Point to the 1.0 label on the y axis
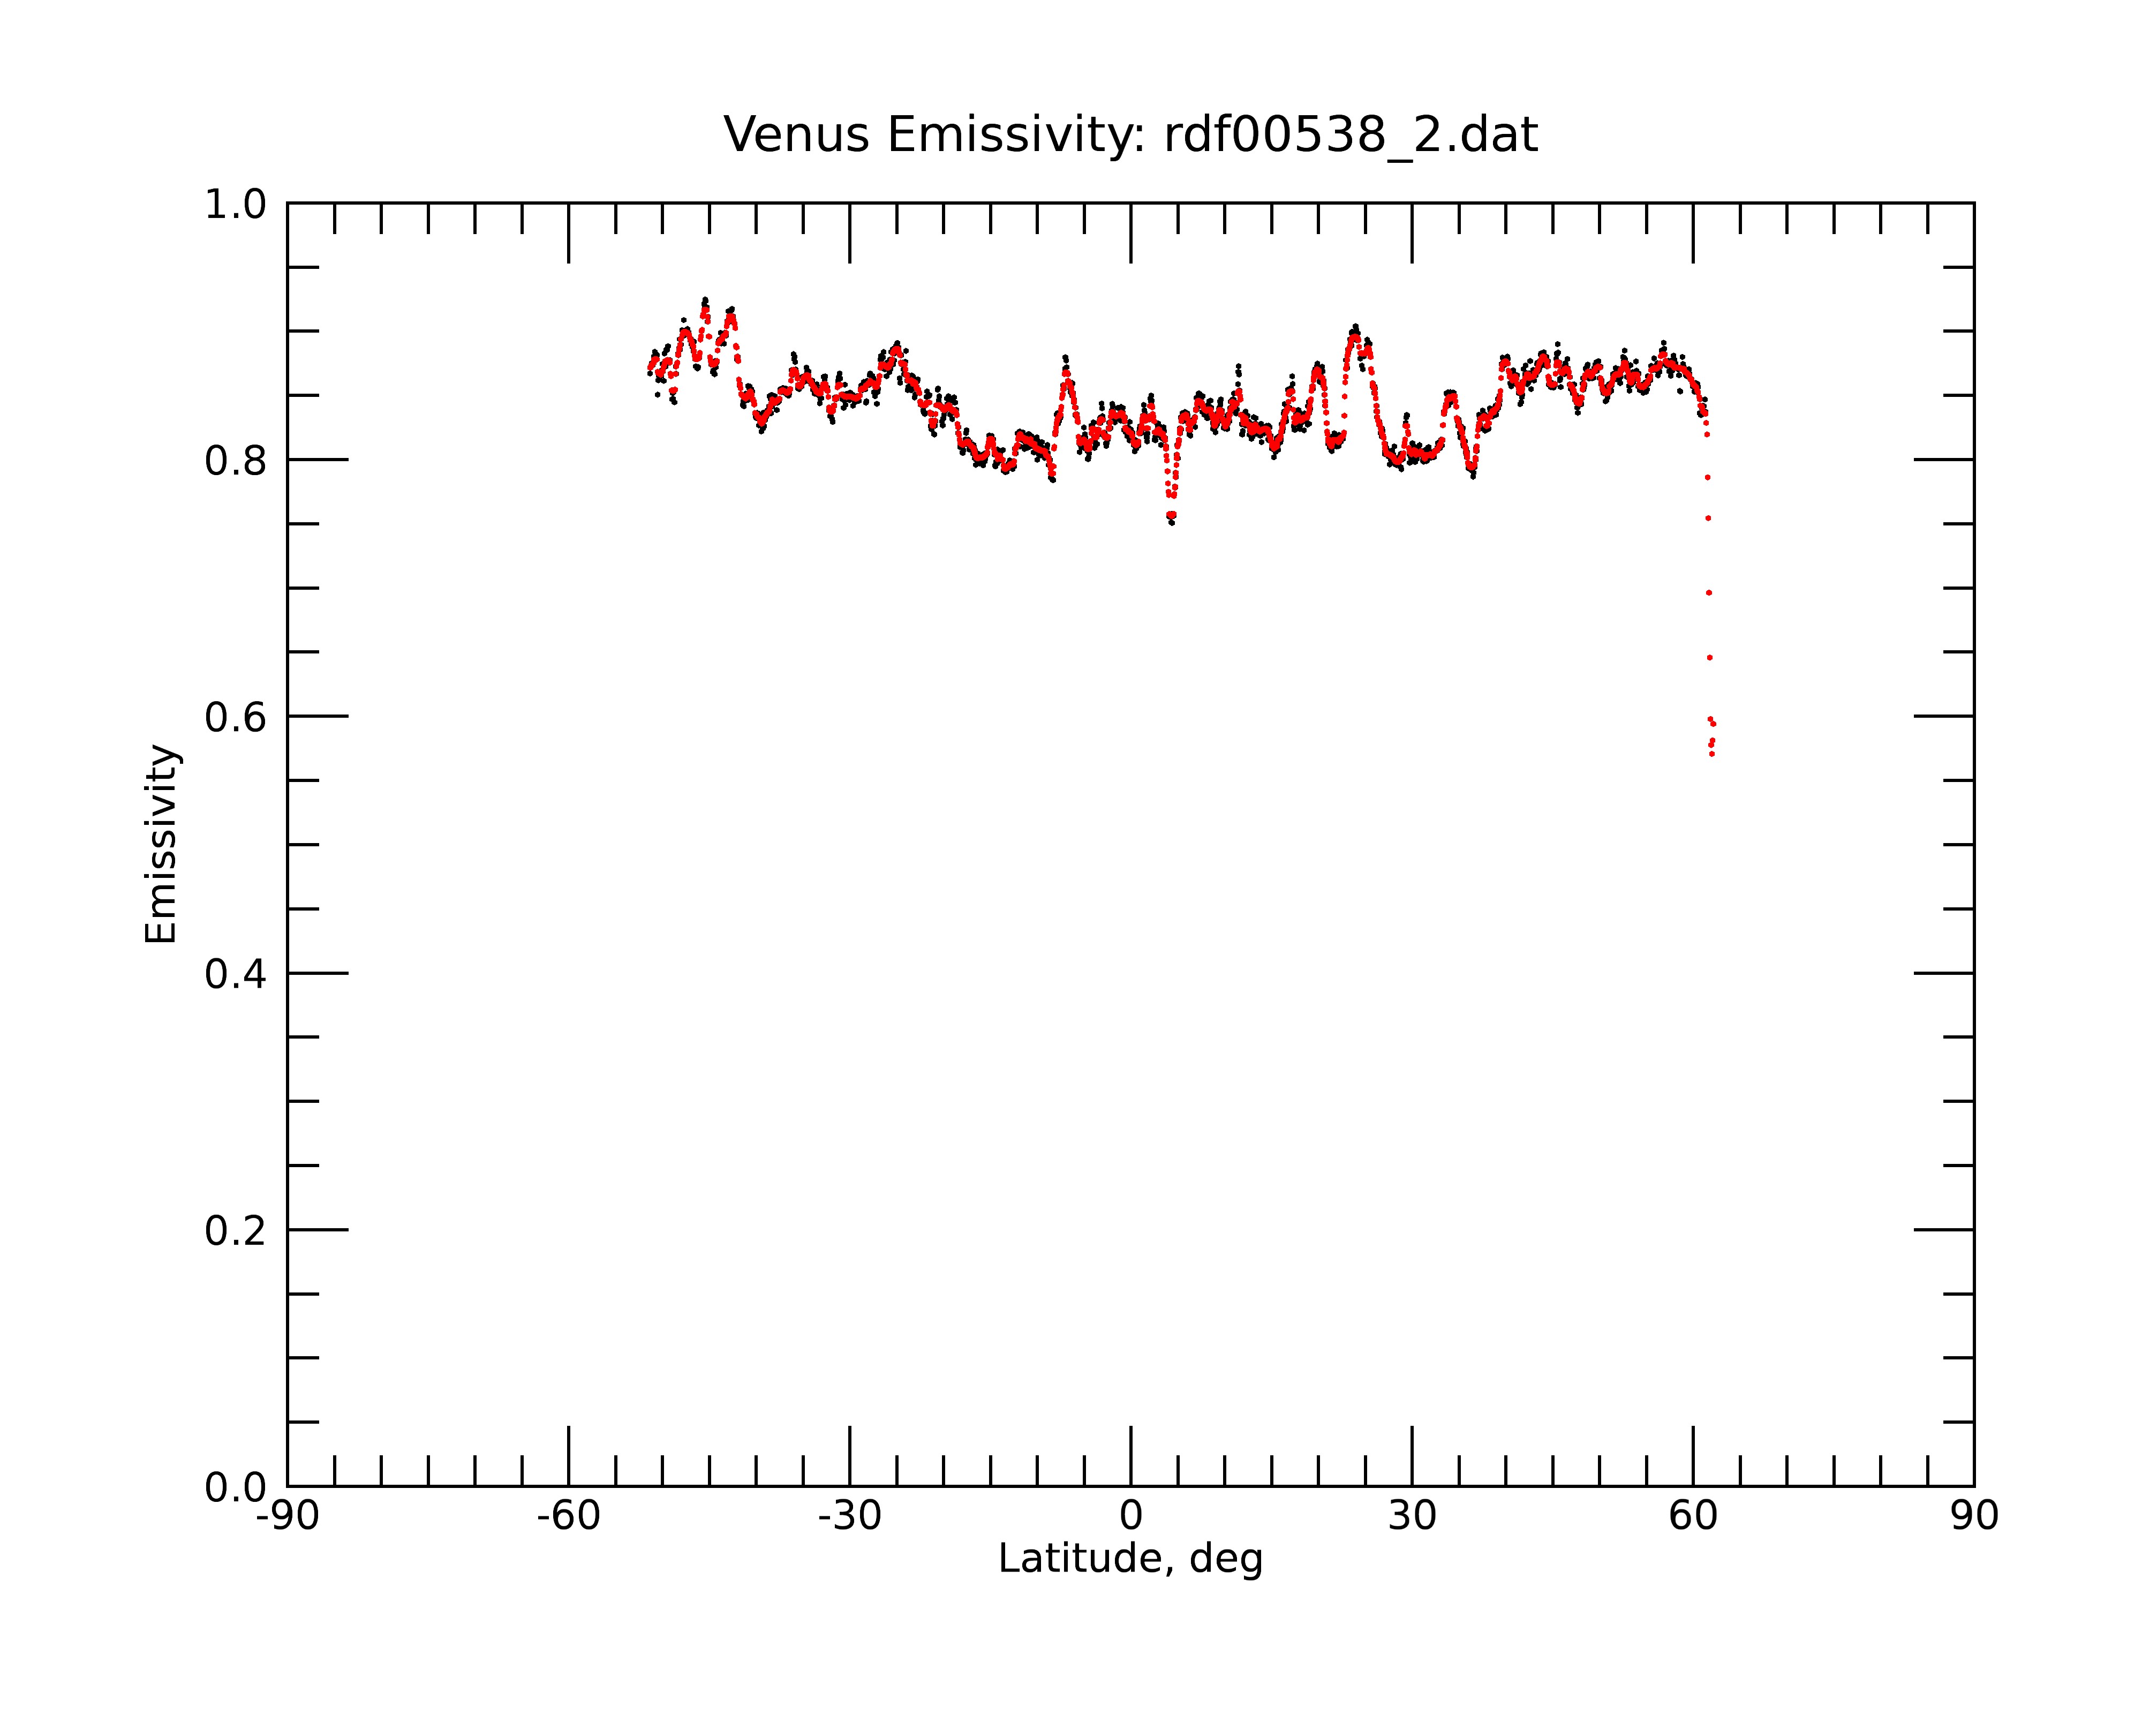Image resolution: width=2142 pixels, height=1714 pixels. click(x=236, y=205)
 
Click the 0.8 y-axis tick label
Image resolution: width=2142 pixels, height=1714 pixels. click(x=236, y=460)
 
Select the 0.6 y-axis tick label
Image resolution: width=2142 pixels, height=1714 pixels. click(x=236, y=717)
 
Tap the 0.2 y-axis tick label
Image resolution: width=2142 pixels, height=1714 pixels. click(x=236, y=1230)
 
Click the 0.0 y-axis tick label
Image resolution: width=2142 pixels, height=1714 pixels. click(x=236, y=1487)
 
